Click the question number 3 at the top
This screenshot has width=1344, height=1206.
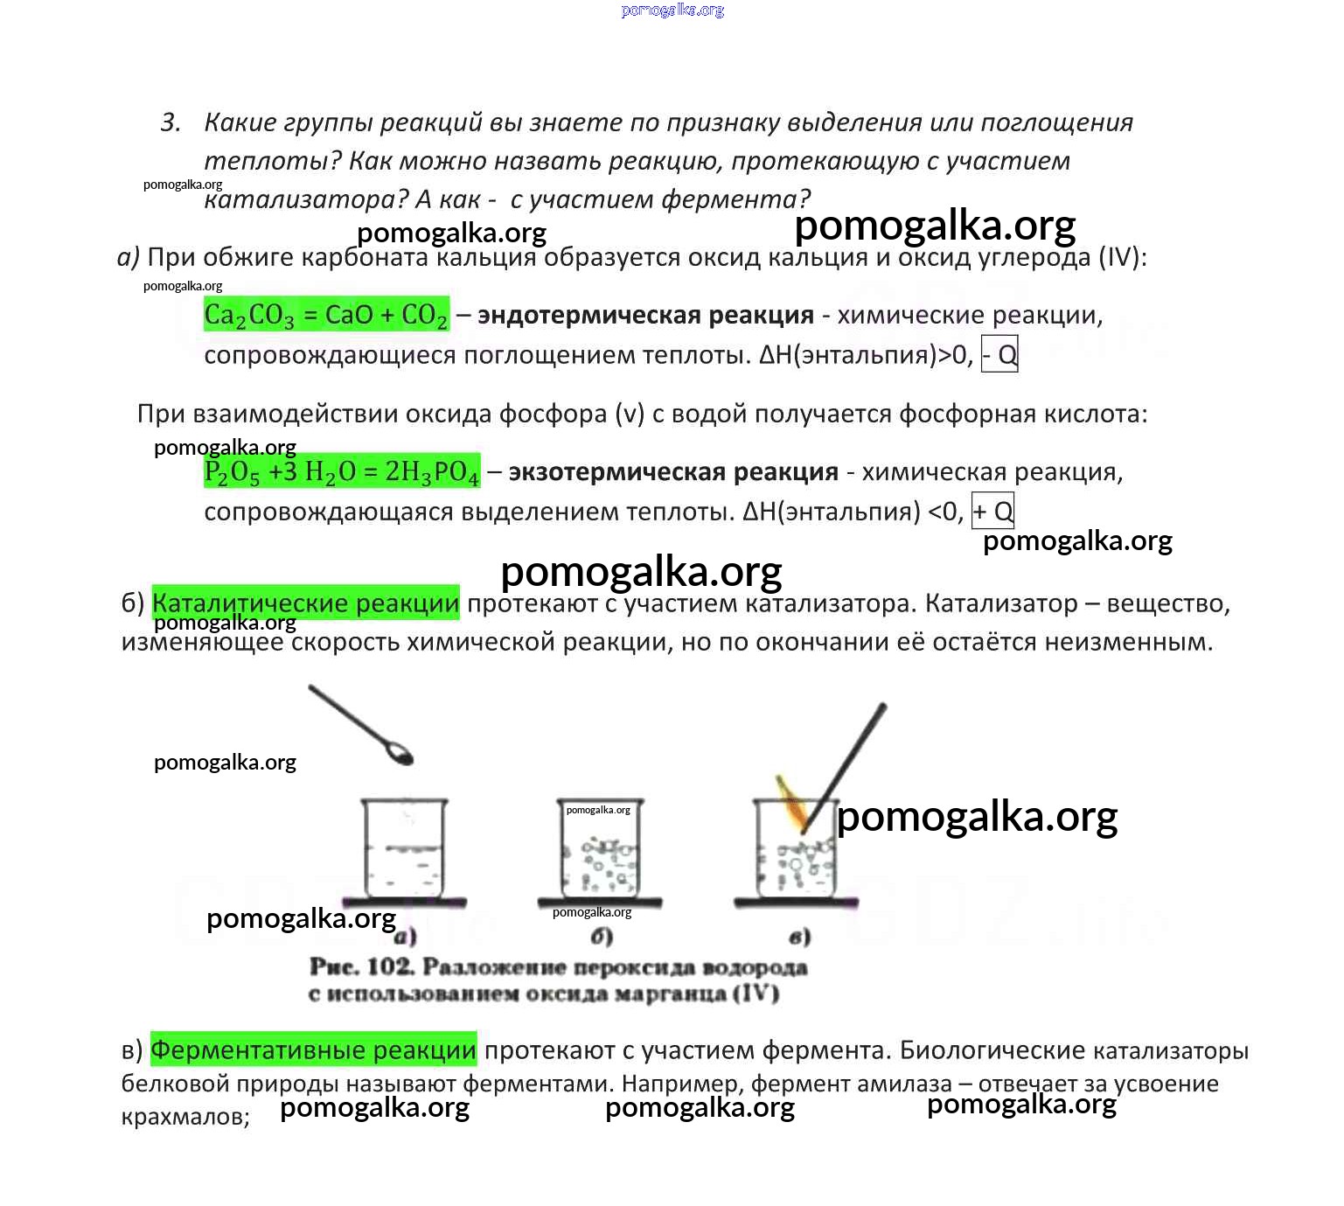(170, 122)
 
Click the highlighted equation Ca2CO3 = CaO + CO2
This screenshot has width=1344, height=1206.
(326, 315)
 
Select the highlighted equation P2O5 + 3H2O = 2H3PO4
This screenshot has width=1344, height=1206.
(342, 472)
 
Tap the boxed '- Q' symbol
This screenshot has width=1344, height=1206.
(999, 355)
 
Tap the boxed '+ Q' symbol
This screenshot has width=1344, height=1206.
(992, 512)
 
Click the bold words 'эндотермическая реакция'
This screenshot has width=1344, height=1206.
(645, 315)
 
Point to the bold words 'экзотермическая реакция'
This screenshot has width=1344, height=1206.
(672, 472)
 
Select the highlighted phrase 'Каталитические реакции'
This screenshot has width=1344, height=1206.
(305, 603)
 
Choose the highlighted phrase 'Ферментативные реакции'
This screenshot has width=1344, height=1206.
(313, 1050)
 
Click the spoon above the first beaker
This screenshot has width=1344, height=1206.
(361, 725)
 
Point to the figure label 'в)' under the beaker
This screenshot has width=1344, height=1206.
(799, 938)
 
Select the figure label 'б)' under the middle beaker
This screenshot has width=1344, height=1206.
(602, 938)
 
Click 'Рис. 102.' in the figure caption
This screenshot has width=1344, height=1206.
(360, 967)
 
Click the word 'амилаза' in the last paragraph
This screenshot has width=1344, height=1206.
(904, 1084)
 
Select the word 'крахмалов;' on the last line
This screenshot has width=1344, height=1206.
(185, 1118)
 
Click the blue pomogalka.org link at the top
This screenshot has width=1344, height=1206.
(672, 10)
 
